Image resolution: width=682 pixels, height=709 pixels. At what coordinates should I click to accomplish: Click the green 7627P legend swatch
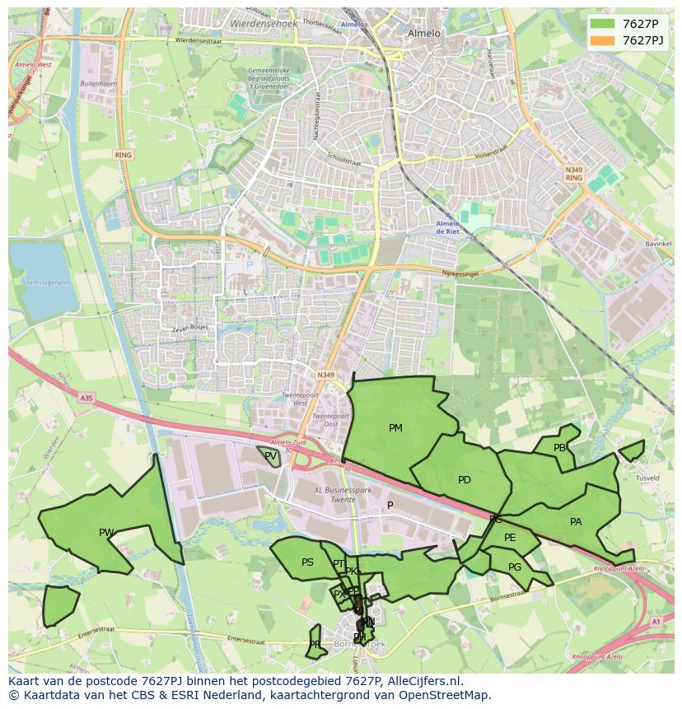point(603,24)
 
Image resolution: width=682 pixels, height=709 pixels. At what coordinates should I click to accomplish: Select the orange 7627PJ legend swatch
point(603,40)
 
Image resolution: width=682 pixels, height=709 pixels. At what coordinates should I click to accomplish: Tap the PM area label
point(395,428)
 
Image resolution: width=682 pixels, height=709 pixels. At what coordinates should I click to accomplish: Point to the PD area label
point(465,480)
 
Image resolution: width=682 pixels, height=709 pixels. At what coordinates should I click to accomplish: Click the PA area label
point(576,522)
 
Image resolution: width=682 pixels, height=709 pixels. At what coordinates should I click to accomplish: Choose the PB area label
point(560,448)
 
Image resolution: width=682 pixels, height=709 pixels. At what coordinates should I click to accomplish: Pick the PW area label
point(106,533)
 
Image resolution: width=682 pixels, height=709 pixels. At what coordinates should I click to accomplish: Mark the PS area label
point(307,562)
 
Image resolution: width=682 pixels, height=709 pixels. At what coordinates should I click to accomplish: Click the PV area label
point(270,455)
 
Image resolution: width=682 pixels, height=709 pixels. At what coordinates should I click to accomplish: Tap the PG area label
point(515,567)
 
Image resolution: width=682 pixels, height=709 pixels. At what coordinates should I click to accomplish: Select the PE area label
point(510,538)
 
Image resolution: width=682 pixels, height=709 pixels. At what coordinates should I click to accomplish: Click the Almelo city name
point(424,34)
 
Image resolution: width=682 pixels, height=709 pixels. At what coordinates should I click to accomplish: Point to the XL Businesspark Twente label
point(343,495)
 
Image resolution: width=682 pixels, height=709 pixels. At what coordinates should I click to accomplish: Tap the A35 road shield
point(86,398)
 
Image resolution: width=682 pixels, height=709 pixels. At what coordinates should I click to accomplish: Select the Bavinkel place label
point(635,245)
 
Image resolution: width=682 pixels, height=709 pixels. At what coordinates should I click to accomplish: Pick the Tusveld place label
point(647,478)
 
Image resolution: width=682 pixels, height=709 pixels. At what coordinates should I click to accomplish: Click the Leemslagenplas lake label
point(47,282)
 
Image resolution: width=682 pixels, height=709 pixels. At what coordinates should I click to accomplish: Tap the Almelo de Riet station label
point(447,227)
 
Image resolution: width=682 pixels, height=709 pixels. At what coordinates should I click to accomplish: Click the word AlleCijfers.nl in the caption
point(419,682)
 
